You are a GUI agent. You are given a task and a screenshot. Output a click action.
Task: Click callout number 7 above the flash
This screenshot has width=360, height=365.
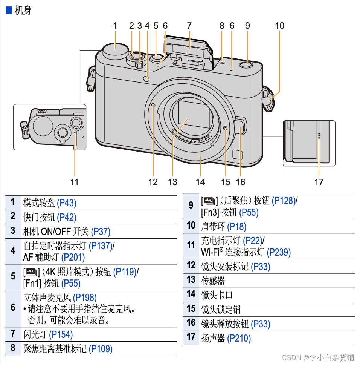point(189,26)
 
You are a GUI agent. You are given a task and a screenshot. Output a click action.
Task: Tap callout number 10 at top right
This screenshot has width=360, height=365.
point(279,26)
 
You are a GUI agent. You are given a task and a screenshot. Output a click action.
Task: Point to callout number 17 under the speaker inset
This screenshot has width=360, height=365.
point(319,182)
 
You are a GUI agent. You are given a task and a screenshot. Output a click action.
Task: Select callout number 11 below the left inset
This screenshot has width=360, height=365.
point(75,182)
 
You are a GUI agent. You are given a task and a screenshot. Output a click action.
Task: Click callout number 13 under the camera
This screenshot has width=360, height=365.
point(172,182)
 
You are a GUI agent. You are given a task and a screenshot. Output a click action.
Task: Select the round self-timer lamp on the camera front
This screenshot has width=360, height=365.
point(146,79)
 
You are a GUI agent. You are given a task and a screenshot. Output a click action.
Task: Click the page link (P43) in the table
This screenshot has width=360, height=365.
point(67,203)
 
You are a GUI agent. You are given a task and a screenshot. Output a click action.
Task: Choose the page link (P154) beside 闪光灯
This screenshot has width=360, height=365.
point(61,334)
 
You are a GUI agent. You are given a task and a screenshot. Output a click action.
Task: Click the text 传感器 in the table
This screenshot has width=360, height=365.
point(213,281)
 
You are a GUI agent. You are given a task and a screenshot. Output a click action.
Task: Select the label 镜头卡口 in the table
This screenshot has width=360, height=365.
point(217,295)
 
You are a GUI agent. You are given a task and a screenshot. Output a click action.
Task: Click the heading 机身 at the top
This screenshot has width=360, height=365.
point(23,10)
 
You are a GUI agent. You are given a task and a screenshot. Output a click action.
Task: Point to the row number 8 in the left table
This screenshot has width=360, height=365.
point(13,348)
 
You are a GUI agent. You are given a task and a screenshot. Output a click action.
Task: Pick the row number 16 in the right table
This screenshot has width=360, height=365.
point(191,323)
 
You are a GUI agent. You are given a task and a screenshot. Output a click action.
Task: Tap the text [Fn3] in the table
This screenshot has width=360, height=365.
point(210,212)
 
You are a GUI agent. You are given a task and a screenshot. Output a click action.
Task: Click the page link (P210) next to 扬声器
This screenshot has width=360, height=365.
point(239,338)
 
